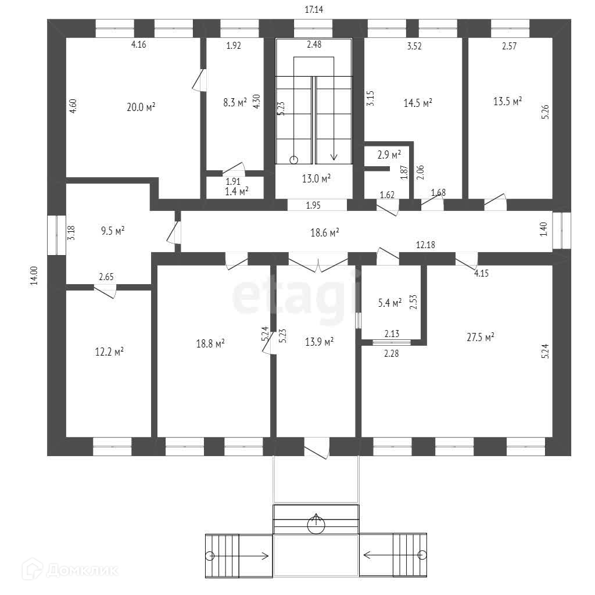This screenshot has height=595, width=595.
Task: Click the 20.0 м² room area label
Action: (x=141, y=107)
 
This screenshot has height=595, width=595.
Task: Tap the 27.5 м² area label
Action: (x=481, y=337)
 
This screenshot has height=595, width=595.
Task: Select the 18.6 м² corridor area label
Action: (x=325, y=232)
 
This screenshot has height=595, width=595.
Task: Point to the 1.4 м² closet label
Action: (x=237, y=191)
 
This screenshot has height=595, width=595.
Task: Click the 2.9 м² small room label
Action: (x=389, y=155)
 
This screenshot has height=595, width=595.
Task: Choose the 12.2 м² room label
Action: (x=109, y=352)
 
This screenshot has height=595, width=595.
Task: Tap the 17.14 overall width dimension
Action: (x=314, y=9)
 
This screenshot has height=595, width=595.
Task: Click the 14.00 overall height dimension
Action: (x=34, y=275)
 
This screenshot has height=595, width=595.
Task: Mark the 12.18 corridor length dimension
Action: (x=425, y=245)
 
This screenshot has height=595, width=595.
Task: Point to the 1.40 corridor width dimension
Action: (x=543, y=229)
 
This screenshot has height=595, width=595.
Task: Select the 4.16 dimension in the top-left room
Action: (x=138, y=44)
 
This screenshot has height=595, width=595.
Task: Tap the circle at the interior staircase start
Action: (x=293, y=160)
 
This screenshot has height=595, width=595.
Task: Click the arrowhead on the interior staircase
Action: (x=334, y=156)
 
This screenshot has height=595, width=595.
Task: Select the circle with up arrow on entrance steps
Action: (x=316, y=525)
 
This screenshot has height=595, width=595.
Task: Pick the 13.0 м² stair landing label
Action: (x=316, y=178)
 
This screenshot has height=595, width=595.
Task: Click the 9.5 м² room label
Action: (x=113, y=231)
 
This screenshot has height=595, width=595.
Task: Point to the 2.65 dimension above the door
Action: (x=106, y=277)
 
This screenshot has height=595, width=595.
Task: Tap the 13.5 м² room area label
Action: (x=507, y=101)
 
